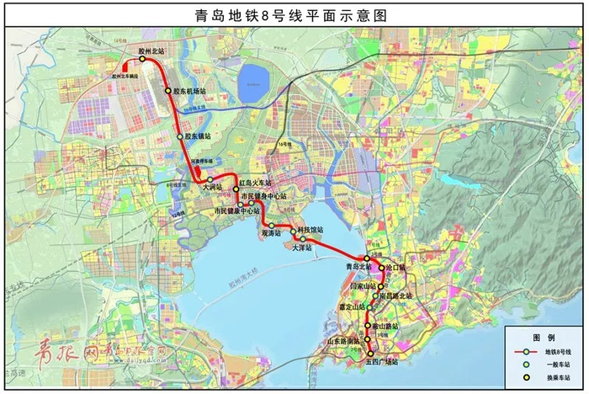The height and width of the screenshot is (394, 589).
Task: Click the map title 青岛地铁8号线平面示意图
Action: tap(294, 14)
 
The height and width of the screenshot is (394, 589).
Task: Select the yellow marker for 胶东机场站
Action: tap(168, 90)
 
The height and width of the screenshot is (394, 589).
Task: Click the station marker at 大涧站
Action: tap(210, 179)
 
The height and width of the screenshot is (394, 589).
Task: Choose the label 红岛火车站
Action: tap(256, 182)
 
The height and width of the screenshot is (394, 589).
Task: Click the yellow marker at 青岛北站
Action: tap(367, 258)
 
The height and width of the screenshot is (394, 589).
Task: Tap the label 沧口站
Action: tap(396, 268)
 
